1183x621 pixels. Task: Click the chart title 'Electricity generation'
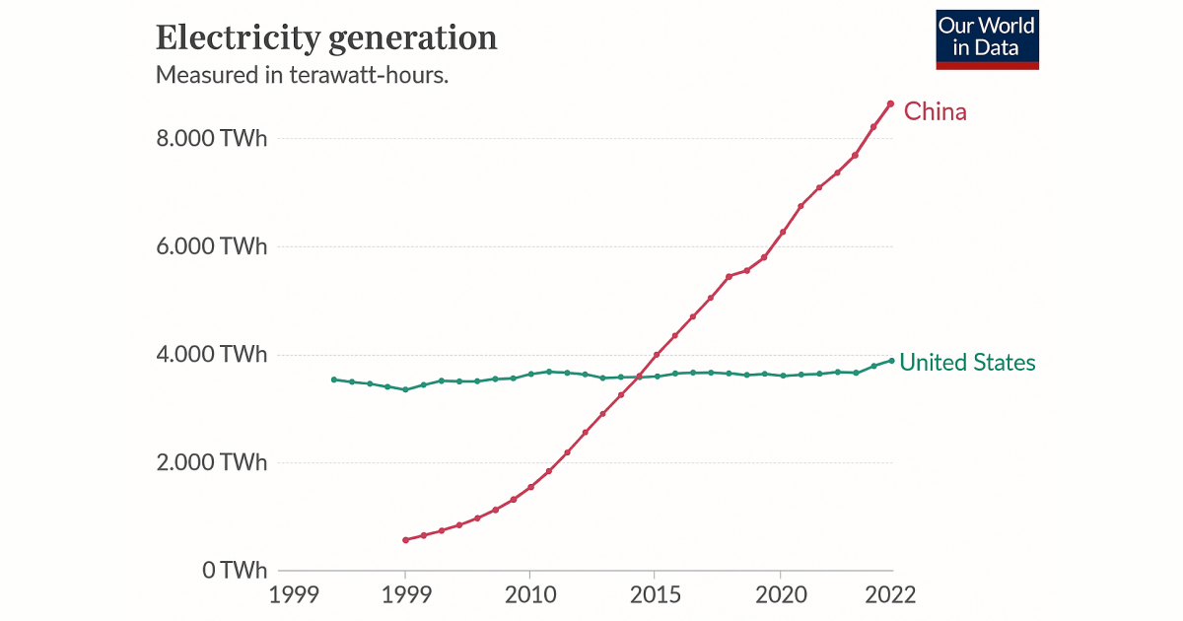click(326, 37)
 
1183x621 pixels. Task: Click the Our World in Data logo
click(987, 39)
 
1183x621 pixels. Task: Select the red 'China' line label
click(935, 111)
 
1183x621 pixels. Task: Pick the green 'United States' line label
click(967, 363)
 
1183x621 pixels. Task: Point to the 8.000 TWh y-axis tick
click(212, 139)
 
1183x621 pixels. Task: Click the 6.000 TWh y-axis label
click(212, 246)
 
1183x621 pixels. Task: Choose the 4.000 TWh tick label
click(212, 355)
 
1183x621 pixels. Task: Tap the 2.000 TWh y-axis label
click(212, 462)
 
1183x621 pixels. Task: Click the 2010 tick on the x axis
click(529, 595)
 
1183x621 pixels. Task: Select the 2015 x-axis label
click(656, 595)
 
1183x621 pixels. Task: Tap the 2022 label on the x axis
click(890, 595)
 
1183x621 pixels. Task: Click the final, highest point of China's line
click(890, 103)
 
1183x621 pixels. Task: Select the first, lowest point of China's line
click(405, 540)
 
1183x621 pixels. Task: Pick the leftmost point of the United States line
click(334, 379)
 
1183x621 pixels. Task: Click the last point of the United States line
click(891, 360)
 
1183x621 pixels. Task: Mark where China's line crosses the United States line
click(639, 376)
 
